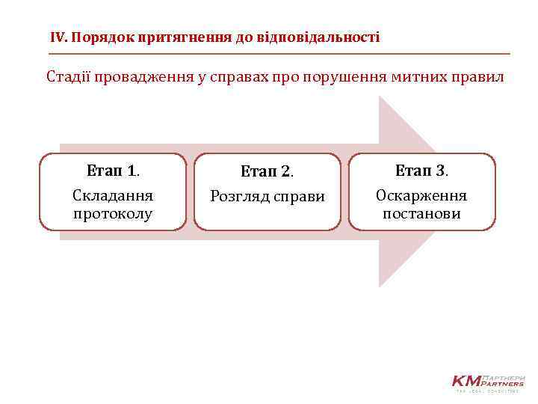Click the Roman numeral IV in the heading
tap(58, 37)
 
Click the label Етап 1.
tap(113, 171)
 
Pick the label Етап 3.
tap(421, 171)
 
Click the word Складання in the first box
tap(113, 196)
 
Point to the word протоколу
tap(113, 214)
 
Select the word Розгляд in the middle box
tap(240, 197)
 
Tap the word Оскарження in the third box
tap(421, 196)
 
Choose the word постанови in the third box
tap(421, 214)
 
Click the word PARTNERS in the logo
tap(505, 384)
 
